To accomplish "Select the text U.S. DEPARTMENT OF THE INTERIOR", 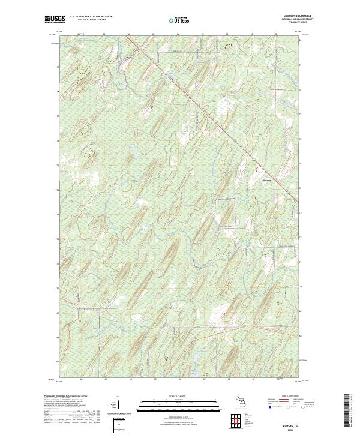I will point(90,16).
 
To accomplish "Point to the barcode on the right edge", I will point(350,414).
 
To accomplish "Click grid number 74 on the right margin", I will point(301,189).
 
